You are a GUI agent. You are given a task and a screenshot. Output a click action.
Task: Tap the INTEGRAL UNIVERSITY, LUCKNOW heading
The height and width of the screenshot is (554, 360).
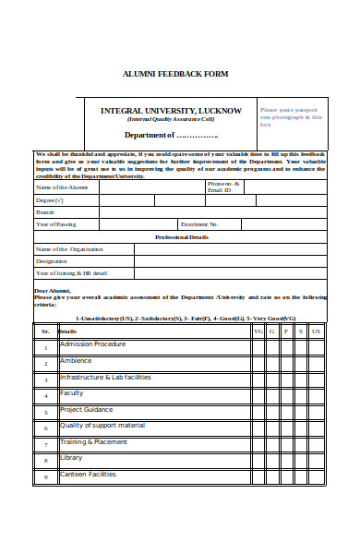171,111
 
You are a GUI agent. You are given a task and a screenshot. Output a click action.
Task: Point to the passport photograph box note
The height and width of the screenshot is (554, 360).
291,117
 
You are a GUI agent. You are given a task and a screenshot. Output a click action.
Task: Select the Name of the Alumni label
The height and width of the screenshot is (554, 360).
61,187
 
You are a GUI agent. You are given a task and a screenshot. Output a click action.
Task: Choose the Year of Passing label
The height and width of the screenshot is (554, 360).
57,223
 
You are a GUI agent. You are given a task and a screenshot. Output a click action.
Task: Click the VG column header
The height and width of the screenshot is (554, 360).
258,331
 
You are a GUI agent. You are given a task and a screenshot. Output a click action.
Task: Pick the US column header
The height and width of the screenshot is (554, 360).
317,331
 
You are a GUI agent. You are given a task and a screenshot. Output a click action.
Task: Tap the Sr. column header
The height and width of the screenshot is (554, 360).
45,331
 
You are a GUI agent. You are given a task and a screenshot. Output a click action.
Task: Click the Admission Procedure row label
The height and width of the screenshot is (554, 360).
92,344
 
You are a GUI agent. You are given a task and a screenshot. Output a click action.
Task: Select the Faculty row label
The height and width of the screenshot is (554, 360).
72,393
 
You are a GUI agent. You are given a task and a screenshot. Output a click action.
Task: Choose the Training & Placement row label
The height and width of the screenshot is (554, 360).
94,442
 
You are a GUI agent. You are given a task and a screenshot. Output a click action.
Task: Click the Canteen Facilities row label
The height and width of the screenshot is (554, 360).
89,475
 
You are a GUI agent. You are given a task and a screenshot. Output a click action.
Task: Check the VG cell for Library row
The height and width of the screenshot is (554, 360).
258,460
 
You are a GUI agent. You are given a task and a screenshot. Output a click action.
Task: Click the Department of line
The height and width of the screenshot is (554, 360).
170,135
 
